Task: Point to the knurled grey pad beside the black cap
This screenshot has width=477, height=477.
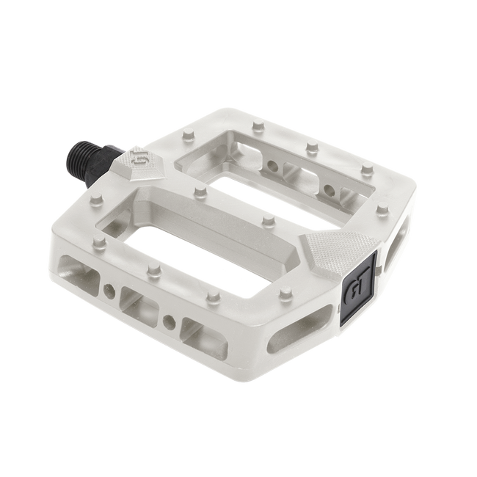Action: [x=338, y=250]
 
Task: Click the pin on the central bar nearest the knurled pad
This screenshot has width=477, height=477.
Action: [x=269, y=220]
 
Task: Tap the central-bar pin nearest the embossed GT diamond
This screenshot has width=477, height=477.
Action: [x=200, y=192]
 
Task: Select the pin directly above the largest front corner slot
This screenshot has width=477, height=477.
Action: [x=100, y=242]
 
